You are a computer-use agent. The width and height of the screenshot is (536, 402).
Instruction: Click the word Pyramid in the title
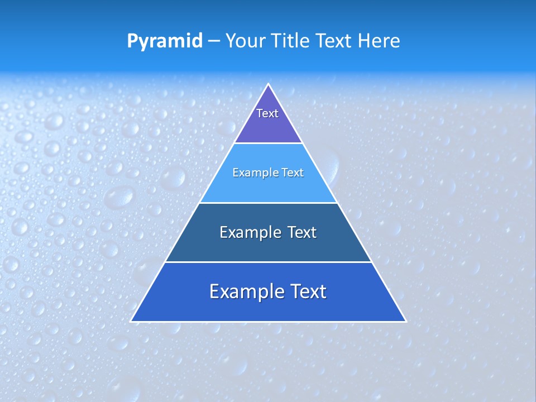(x=165, y=41)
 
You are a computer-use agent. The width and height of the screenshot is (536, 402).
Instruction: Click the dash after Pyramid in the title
(x=214, y=41)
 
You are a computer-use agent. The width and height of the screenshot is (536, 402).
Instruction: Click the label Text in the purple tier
(x=267, y=113)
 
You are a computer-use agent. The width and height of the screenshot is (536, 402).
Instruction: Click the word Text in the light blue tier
(x=293, y=173)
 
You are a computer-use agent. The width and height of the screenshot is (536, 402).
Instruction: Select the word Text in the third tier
(x=302, y=232)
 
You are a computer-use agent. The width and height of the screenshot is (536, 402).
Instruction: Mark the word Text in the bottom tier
(x=309, y=291)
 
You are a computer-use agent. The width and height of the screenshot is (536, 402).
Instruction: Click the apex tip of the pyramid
(x=269, y=85)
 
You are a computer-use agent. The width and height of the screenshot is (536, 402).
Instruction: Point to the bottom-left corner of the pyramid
(x=132, y=320)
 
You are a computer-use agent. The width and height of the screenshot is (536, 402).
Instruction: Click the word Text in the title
(x=335, y=41)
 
